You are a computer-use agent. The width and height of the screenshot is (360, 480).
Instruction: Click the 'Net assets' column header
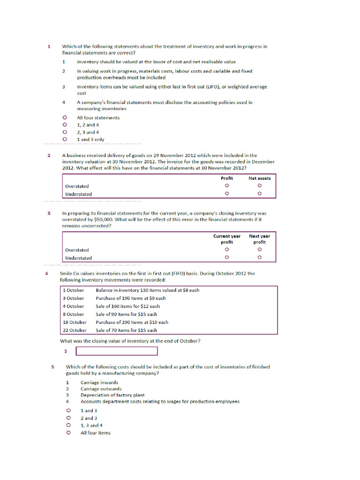pyautogui.click(x=259, y=178)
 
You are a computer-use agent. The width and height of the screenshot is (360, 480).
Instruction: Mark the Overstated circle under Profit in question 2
pyautogui.click(x=227, y=186)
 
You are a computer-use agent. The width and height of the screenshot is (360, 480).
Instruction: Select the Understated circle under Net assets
pyautogui.click(x=260, y=194)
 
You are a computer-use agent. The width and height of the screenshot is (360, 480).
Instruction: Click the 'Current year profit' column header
pyautogui.click(x=227, y=239)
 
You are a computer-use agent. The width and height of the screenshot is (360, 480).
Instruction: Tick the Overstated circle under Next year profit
pyautogui.click(x=260, y=249)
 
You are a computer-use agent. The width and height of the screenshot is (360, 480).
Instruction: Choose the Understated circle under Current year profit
pyautogui.click(x=227, y=257)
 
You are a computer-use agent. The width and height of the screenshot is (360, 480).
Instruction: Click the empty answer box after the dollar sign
pyautogui.click(x=117, y=351)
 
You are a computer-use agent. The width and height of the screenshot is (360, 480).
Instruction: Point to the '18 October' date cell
pyautogui.click(x=75, y=322)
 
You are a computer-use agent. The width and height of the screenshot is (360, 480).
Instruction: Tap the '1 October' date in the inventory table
pyautogui.click(x=74, y=290)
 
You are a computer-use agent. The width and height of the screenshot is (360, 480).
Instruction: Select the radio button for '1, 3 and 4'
pyautogui.click(x=68, y=425)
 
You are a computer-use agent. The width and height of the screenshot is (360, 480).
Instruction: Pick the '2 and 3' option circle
pyautogui.click(x=68, y=418)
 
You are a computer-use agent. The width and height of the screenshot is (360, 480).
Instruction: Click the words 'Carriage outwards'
pyautogui.click(x=101, y=389)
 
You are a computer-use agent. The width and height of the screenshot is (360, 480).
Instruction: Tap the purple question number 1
pyautogui.click(x=49, y=46)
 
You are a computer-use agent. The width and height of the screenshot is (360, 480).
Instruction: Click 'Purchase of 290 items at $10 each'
pyautogui.click(x=132, y=322)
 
